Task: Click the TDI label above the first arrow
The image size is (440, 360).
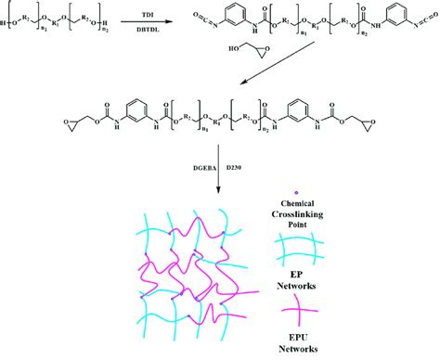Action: point(149,17)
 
